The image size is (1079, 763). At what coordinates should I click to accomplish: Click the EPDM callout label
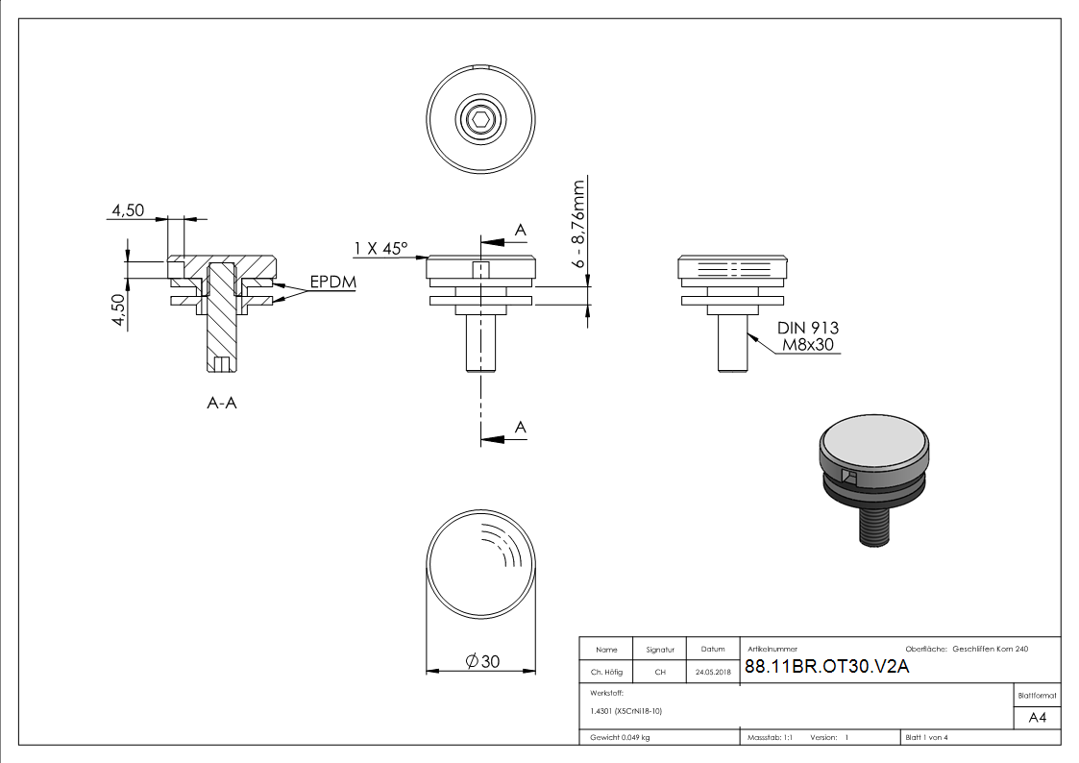pos(332,284)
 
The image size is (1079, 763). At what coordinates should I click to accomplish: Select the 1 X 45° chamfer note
pos(380,249)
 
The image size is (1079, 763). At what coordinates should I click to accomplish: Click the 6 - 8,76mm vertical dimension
pos(579,223)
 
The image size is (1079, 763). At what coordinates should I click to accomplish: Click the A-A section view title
pos(222,404)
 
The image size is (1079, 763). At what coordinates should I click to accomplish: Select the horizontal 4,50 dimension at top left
pos(128,210)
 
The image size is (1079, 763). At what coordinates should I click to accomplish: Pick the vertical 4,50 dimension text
pos(119,310)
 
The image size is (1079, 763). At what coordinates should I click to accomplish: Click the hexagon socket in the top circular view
pos(481,121)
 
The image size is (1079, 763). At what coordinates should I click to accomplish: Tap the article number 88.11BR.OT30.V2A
pos(826,668)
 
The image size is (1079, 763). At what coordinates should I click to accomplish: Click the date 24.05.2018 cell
pos(713,673)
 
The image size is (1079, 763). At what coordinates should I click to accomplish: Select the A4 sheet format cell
pos(1038,718)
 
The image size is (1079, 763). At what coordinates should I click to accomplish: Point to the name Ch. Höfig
pos(606,673)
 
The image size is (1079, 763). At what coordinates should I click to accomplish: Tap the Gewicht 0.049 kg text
pos(621,738)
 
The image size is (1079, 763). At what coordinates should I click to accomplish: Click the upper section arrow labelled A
pos(503,241)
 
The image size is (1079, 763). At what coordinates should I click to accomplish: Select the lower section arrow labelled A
pos(503,438)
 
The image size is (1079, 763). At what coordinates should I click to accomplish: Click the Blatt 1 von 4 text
pos(926,738)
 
